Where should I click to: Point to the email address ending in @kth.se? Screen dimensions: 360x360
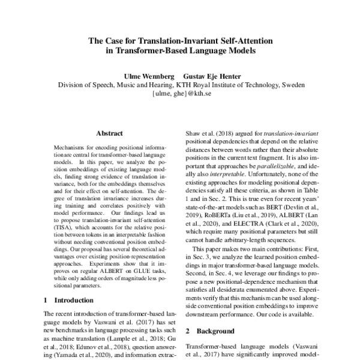pos(179,95)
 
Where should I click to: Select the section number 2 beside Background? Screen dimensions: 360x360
pos(187,331)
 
